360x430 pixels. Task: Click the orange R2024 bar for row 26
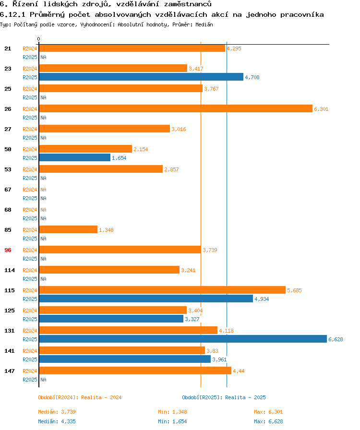pos(175,109)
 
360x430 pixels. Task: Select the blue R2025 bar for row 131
pos(182,339)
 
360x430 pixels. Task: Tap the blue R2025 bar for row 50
pos(74,158)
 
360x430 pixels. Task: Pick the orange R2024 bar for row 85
pos(68,230)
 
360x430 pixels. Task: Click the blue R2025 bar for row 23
pos(141,77)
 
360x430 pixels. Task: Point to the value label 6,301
pos(321,109)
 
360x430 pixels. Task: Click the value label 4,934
pos(262,299)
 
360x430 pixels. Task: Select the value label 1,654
pos(119,158)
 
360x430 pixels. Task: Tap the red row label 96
pos(8,250)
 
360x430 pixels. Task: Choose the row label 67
pos(8,190)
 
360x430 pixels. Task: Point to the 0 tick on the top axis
pos(39,39)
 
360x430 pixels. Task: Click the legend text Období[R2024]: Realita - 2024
pos(80,397)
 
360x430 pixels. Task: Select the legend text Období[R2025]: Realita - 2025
pos(224,397)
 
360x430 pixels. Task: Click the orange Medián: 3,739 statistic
pos(57,412)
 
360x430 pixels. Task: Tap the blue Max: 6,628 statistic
pos(268,421)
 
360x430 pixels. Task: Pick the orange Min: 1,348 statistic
pos(172,412)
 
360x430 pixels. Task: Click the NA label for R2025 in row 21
pos(43,57)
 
